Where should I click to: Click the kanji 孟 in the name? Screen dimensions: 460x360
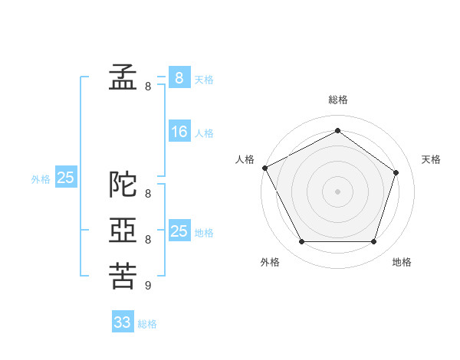tap(123, 77)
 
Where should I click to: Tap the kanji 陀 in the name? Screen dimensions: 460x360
tap(123, 184)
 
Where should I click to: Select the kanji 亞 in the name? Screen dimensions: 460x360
tap(123, 230)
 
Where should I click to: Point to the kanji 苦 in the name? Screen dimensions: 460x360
tap(123, 276)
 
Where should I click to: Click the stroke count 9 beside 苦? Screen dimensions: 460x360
tap(148, 285)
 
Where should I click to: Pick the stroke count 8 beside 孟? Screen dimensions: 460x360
tap(148, 87)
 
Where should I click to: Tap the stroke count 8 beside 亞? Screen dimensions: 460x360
tap(148, 240)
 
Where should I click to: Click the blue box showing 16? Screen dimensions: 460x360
tap(179, 131)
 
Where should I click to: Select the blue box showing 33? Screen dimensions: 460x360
tap(123, 321)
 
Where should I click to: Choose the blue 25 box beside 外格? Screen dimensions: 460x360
tap(66, 176)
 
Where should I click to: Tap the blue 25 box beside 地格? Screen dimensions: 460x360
tap(179, 230)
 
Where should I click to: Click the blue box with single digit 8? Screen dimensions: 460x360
tap(179, 77)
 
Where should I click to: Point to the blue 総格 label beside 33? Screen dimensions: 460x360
tap(147, 324)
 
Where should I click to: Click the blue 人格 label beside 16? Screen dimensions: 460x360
tap(204, 133)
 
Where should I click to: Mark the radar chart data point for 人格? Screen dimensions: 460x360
tap(265, 168)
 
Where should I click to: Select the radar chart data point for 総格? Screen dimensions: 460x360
tap(337, 130)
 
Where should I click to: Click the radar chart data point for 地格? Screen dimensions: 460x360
tap(373, 241)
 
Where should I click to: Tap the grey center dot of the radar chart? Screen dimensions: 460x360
tap(337, 191)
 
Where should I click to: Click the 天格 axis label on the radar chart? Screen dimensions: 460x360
tap(431, 159)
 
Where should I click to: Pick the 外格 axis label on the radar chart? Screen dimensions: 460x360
tap(270, 262)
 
